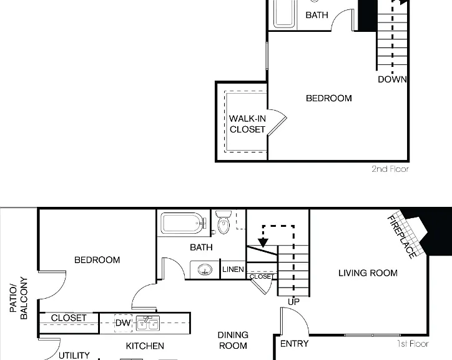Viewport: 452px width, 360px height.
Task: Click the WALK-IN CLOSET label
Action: click(x=247, y=124)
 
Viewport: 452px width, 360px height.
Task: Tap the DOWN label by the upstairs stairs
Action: click(x=392, y=79)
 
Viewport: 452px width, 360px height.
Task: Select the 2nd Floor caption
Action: click(x=390, y=169)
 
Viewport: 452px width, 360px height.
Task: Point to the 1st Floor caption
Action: click(x=413, y=344)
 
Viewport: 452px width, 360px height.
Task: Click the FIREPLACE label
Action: click(x=402, y=237)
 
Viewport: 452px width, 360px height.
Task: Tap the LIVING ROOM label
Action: click(x=368, y=273)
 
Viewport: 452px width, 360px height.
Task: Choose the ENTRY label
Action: click(x=294, y=344)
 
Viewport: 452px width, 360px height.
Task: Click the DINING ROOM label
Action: click(x=233, y=340)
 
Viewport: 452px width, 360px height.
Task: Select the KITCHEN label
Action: click(x=145, y=346)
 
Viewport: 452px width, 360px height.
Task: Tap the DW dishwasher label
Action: click(x=123, y=322)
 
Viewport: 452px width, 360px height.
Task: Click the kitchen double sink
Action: click(x=148, y=323)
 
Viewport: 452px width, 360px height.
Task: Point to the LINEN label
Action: click(x=233, y=269)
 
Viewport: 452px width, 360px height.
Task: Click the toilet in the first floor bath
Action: click(x=224, y=222)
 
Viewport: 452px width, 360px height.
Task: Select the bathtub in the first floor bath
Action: click(x=184, y=223)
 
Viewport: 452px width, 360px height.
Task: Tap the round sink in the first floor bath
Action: click(x=205, y=270)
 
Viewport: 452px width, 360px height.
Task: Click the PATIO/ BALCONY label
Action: click(x=19, y=298)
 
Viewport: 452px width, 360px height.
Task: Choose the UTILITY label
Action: click(x=74, y=355)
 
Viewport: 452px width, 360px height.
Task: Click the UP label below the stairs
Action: click(x=294, y=302)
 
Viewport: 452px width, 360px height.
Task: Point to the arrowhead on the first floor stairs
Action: click(x=263, y=242)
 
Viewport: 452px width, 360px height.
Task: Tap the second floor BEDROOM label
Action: click(x=329, y=98)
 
